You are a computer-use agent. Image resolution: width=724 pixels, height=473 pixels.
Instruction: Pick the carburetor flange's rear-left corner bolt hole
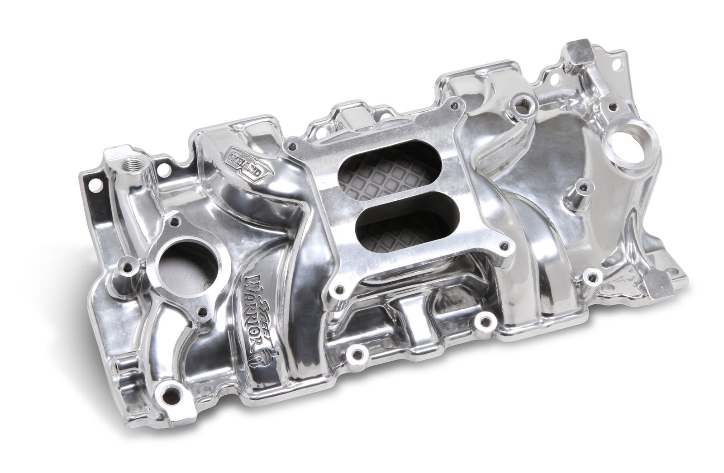[295, 146]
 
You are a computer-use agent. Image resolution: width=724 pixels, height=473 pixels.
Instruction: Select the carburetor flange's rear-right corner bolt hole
[449, 106]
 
